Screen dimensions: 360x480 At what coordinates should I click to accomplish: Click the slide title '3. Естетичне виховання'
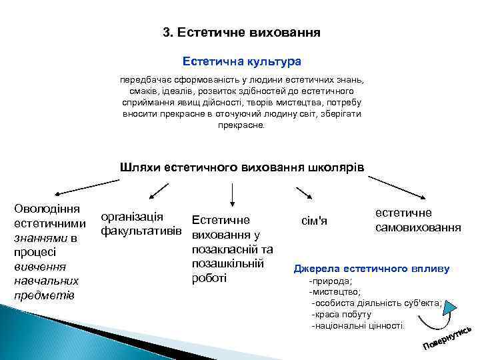[x=242, y=32]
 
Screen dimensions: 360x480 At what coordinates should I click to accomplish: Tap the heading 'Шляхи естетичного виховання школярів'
[x=242, y=166]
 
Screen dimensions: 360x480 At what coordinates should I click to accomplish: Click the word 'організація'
[x=131, y=217]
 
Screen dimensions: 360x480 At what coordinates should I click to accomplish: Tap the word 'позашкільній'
[x=229, y=263]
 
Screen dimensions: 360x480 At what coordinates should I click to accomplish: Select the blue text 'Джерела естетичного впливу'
[x=372, y=269]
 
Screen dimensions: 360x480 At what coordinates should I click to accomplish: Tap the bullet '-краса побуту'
[x=340, y=315]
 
